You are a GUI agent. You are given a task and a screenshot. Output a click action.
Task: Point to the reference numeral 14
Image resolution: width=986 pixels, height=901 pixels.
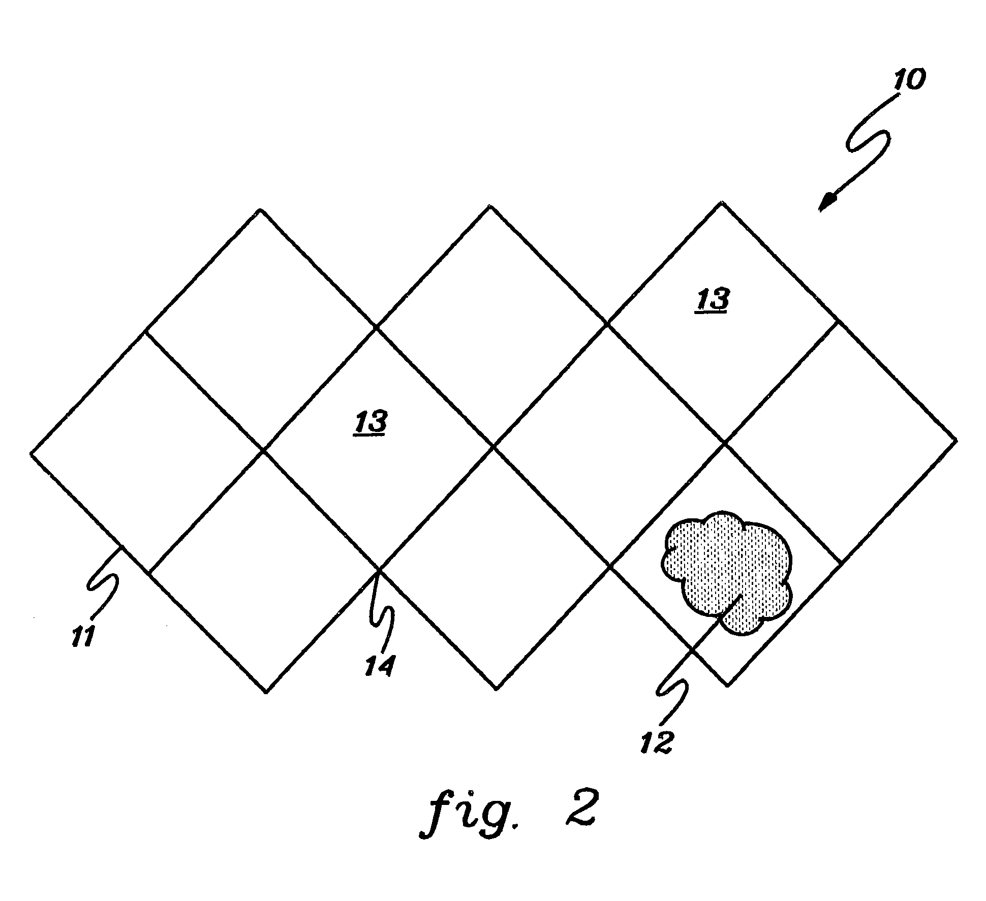(379, 666)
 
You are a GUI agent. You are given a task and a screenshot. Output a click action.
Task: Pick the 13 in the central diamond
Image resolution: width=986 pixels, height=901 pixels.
(371, 422)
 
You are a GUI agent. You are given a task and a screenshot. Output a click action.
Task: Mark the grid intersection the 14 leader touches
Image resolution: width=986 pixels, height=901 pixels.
(378, 570)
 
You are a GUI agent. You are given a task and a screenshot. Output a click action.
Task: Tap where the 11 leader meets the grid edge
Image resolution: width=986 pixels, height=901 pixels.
(122, 546)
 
